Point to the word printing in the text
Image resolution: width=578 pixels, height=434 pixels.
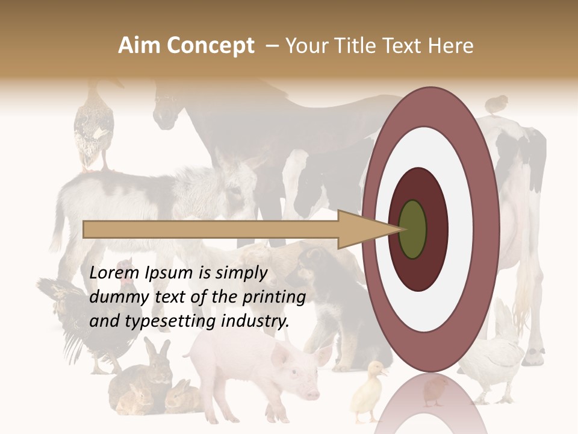(274, 297)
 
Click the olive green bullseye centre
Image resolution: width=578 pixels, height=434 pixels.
(412, 229)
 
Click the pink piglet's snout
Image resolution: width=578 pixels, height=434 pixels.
(312, 394)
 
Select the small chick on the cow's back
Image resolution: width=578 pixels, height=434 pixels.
(496, 104)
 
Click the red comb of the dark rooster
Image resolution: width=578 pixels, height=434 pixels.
(126, 263)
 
